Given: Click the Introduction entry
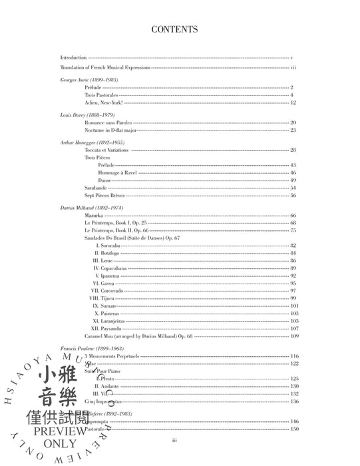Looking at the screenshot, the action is [74, 58].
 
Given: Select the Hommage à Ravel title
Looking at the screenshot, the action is [115, 172].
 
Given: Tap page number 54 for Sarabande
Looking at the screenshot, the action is [293, 188].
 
